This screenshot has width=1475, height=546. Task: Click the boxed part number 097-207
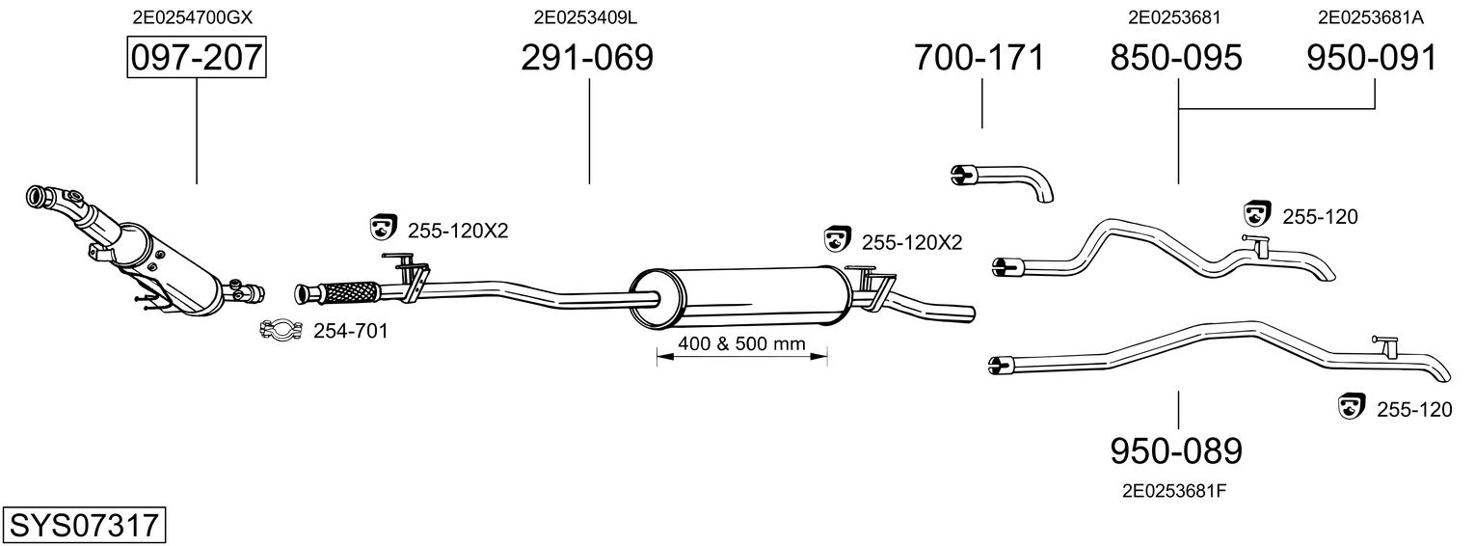pos(197,57)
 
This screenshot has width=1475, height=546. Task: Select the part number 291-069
pos(587,57)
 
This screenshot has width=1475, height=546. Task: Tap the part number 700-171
pos(979,57)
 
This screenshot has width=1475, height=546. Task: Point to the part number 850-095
pos(1176,57)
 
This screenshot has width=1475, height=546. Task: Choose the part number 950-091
pos(1372,57)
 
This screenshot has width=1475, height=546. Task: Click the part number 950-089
pos(1176,450)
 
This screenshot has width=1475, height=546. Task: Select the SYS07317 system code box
pos(84,525)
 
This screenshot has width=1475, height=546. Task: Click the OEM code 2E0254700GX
pos(193,17)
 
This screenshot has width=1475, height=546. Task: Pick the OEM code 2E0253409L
pos(585,17)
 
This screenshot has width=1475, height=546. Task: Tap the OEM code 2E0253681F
pos(1175,491)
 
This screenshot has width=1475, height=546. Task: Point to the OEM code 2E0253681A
pos(1371,17)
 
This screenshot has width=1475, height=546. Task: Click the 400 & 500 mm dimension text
pos(742,343)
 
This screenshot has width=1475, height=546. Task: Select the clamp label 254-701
pos(350,331)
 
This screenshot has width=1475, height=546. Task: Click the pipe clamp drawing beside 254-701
pos(281,329)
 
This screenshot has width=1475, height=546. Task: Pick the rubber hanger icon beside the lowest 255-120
pos(1352,406)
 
